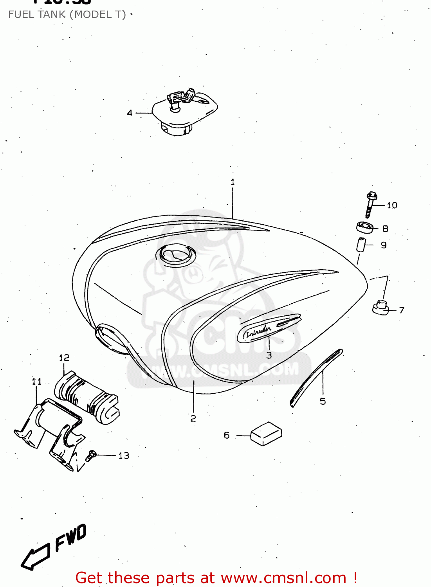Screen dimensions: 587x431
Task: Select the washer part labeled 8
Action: tap(365, 227)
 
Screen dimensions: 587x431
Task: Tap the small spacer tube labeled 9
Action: tap(361, 245)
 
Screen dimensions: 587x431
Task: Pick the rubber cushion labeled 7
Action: tap(380, 307)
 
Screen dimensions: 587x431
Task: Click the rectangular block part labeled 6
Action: tap(266, 434)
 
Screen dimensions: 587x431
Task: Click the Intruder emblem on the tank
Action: tap(269, 328)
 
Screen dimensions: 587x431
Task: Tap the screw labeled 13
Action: tap(90, 456)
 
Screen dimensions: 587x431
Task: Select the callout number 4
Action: tap(130, 113)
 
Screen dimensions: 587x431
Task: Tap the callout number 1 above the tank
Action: tap(233, 182)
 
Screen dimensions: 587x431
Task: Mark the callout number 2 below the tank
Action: tap(193, 418)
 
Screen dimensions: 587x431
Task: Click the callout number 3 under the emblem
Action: tap(269, 355)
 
